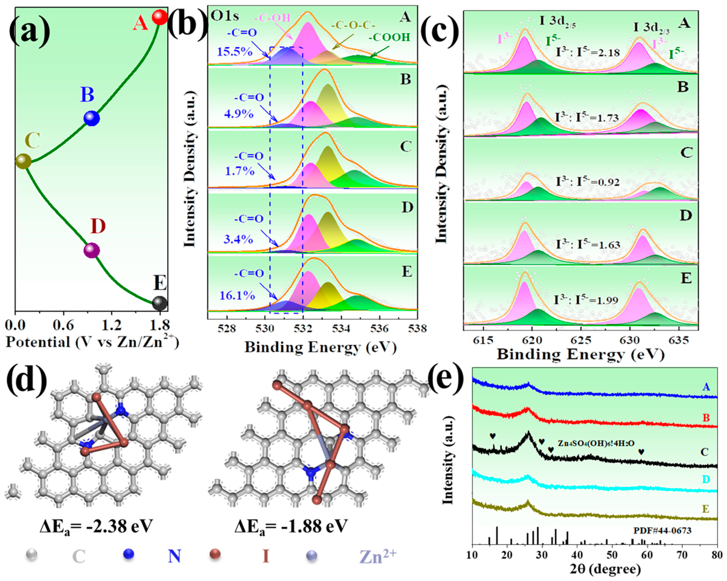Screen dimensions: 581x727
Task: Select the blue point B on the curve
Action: (91, 118)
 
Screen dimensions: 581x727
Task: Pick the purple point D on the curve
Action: (91, 251)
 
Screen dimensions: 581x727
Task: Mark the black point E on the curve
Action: (159, 303)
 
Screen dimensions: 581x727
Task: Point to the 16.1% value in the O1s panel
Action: (237, 296)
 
